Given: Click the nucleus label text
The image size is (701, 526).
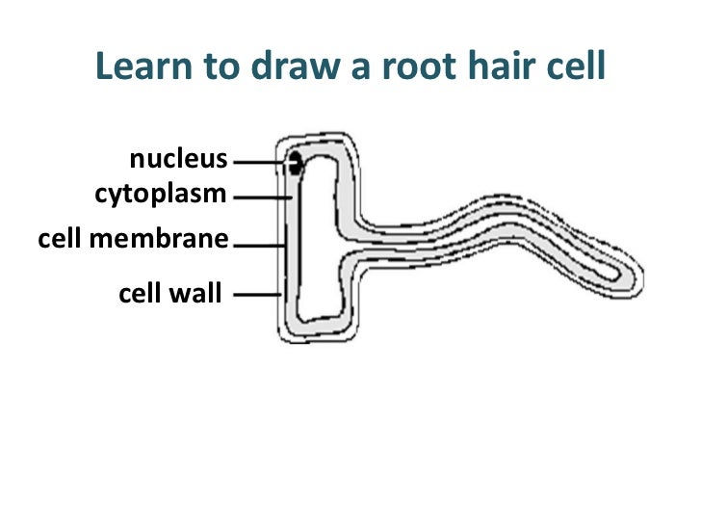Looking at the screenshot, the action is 178,160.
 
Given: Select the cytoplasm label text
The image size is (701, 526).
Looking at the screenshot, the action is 160,195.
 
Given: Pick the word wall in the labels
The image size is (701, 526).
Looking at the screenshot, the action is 197,291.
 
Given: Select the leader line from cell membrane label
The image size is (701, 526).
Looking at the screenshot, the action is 258,245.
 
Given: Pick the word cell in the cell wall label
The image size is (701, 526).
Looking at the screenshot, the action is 141,291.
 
